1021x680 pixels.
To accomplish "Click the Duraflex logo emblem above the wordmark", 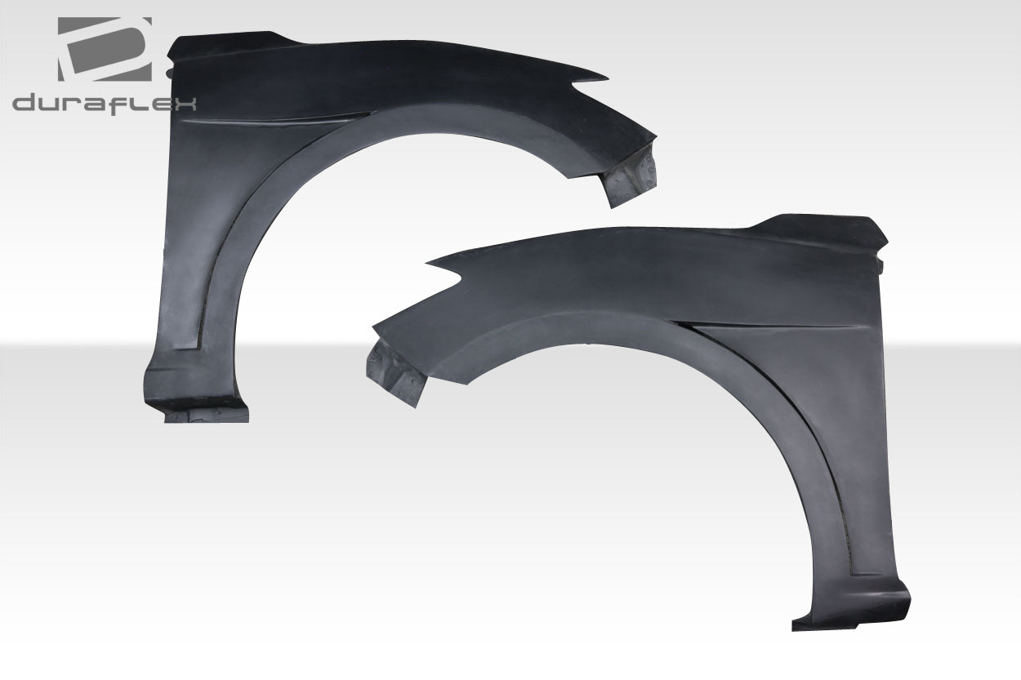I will [x=105, y=49].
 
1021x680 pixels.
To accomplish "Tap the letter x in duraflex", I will [x=185, y=103].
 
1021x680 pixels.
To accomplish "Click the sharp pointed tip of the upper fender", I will [x=604, y=79].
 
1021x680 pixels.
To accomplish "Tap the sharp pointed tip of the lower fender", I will [x=430, y=263].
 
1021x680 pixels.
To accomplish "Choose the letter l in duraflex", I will [x=136, y=102].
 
